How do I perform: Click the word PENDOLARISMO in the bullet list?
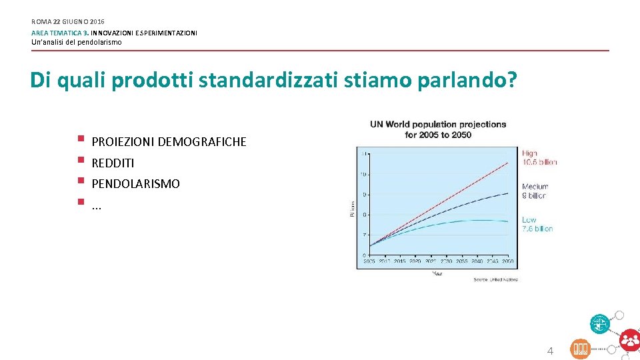coord(135,183)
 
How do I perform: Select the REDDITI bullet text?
coord(113,163)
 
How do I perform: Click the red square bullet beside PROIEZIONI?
coord(79,139)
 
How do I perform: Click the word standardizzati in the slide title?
coord(255,81)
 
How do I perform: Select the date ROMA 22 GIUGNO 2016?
coord(67,22)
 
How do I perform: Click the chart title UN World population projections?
coord(438,125)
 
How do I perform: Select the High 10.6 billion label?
coord(539,157)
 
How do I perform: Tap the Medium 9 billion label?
coord(535,191)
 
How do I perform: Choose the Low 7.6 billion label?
coord(537,224)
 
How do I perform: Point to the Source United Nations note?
coord(495,279)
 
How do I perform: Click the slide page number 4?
coord(550,351)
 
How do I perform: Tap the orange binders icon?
coord(580,349)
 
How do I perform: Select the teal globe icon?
coord(599,325)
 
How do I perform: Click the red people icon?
coord(629,340)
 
